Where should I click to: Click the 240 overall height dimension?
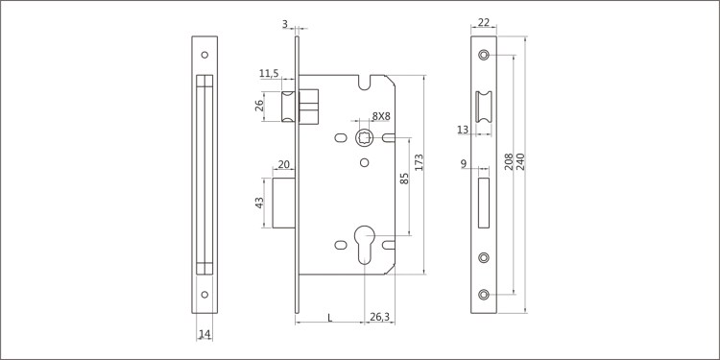(520, 161)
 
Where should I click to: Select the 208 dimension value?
(509, 161)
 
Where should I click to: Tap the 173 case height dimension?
(419, 162)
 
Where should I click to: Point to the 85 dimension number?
(404, 179)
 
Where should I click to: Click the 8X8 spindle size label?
(381, 116)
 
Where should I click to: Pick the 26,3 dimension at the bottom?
(380, 317)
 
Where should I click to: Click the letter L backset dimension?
(330, 317)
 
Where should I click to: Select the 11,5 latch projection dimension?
(269, 73)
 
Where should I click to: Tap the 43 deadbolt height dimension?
(259, 203)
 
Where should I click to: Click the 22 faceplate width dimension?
(484, 22)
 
